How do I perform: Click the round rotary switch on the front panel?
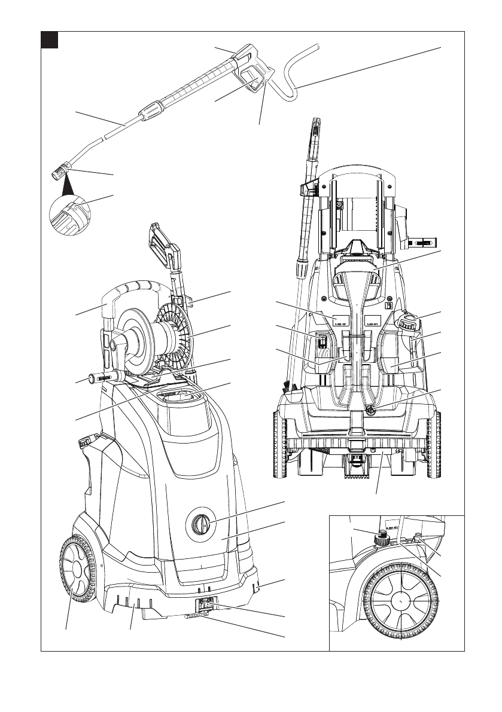coord(201,525)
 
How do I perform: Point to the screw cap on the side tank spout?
coord(85,442)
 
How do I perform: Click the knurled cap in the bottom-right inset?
coord(381,540)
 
